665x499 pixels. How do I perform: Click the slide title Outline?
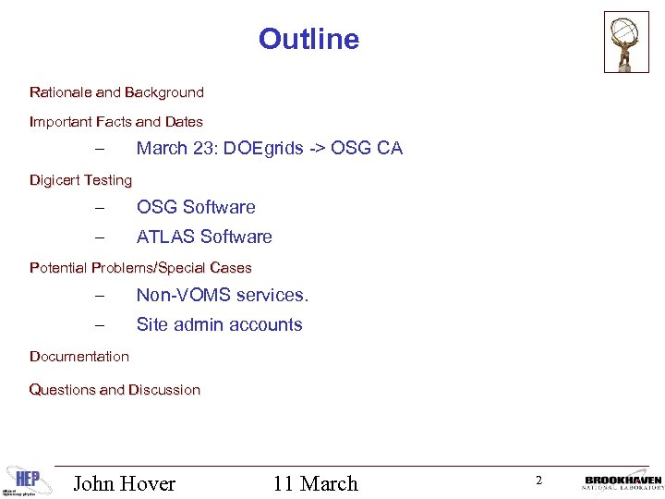tap(308, 39)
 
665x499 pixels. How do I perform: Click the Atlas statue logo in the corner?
tap(627, 42)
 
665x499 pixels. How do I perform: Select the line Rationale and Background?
tap(116, 92)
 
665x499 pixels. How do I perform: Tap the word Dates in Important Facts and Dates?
tap(184, 122)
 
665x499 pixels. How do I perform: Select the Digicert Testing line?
tap(80, 180)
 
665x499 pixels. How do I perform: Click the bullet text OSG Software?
tap(196, 208)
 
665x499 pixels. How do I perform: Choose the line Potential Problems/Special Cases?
tap(140, 268)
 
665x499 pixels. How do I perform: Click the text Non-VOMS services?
tap(223, 296)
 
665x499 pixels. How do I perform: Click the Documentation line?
tap(79, 357)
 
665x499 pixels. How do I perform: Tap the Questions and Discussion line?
tap(115, 390)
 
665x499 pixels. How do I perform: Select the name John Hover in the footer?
tap(124, 483)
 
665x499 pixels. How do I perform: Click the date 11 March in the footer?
tap(315, 483)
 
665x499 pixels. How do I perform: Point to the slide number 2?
tap(538, 480)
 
